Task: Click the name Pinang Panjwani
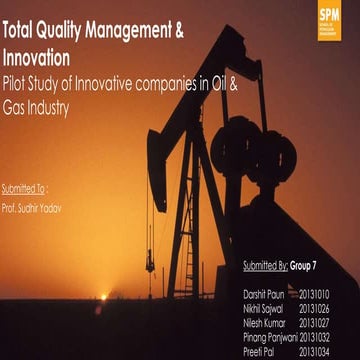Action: (x=270, y=338)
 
